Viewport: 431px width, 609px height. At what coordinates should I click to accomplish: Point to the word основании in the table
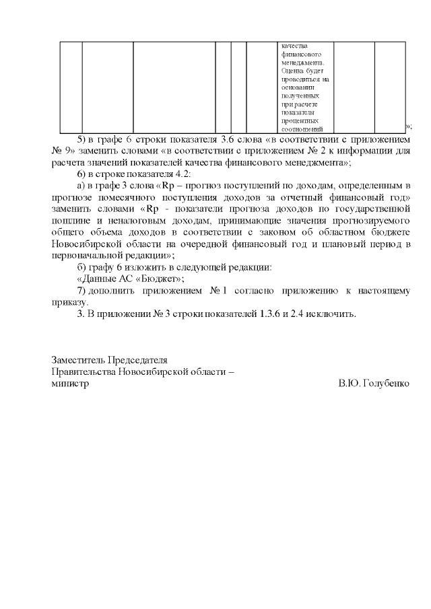coord(298,87)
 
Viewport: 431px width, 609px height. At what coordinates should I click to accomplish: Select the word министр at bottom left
coord(70,384)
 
